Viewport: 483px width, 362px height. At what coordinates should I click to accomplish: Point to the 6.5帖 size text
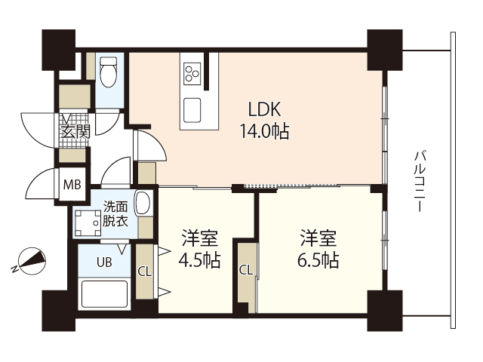pos(318,261)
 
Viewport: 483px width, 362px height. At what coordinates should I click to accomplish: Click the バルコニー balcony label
pos(420,182)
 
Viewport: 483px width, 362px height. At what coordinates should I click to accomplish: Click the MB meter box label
pos(72,184)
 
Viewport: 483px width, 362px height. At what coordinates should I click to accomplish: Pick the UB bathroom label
pos(104,263)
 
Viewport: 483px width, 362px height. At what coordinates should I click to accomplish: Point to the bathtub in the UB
pos(105,295)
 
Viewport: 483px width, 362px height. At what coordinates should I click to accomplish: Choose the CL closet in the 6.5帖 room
pos(245,270)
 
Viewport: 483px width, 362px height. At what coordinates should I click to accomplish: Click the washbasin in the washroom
pos(143,204)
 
